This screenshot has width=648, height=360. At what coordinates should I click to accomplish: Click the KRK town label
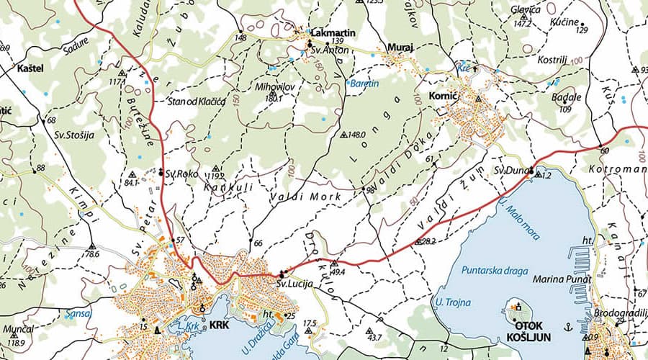(x=220, y=325)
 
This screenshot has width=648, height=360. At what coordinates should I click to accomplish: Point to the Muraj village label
(x=400, y=48)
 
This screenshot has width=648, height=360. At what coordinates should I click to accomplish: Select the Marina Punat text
(x=563, y=279)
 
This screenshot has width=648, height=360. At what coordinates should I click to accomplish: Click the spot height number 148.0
(x=357, y=134)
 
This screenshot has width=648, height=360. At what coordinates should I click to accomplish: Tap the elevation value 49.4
(x=338, y=273)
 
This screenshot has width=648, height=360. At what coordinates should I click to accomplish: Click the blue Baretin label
(x=365, y=84)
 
